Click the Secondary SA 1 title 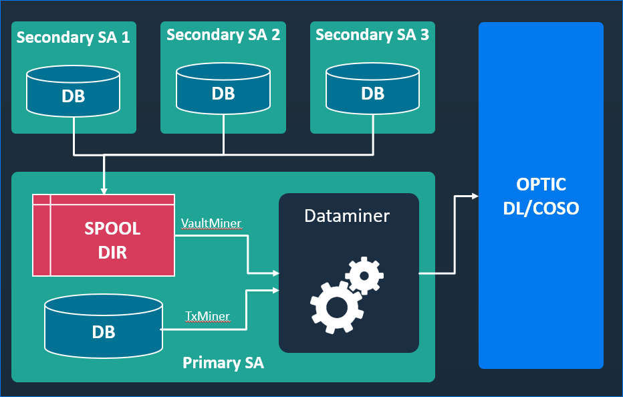pos(73,37)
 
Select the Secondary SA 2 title pos(223,35)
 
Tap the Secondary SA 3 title pos(372,35)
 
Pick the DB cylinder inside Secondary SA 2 pos(223,90)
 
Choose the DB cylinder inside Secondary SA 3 pos(372,90)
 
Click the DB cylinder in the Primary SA pos(103,327)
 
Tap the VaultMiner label pos(211,223)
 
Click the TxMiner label pos(207,316)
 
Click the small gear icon pos(365,274)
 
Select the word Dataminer pos(347,216)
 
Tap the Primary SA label pos(223,363)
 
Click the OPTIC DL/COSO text pos(541,196)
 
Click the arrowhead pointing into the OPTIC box pos(475,196)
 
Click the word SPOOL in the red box pos(112,229)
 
